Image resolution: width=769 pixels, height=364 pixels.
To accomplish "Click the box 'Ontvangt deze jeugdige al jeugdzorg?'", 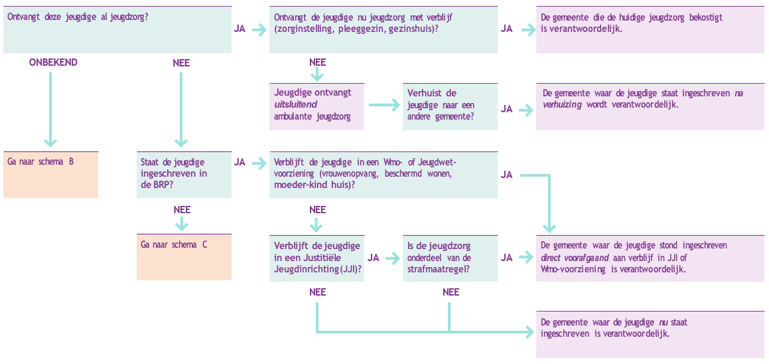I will tap(117, 29).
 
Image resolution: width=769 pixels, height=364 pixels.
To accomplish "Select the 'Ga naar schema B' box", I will tap(50, 174).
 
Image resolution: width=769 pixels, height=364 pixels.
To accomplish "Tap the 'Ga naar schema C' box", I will tap(184, 256).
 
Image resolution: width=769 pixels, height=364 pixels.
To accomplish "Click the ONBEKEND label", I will tap(53, 62).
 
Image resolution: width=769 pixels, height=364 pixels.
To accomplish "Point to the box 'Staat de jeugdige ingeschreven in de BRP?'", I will tap(184, 174).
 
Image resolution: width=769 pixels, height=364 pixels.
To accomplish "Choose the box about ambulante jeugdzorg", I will tap(316, 106).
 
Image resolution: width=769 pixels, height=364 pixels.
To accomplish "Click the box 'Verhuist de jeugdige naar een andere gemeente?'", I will tap(450, 106).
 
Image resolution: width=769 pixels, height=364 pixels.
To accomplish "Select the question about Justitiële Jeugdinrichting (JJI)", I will tap(316, 258).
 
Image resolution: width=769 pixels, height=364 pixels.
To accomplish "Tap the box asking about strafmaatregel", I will tap(450, 258).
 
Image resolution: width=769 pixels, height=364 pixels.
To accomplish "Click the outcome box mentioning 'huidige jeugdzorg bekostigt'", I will tap(650, 29).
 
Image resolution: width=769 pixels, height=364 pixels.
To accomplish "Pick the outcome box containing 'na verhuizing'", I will tap(650, 106).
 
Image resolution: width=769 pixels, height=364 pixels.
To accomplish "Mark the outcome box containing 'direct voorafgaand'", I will tap(650, 258).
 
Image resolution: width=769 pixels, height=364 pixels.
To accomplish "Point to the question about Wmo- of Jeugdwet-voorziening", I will tap(383, 174).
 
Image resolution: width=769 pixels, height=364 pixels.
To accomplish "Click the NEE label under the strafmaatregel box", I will tap(451, 292).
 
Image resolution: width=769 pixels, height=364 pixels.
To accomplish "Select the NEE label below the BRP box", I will tap(182, 210).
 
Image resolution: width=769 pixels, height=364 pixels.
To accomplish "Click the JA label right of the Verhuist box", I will tap(507, 109).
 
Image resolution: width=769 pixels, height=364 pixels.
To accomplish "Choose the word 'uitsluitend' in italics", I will tap(296, 105).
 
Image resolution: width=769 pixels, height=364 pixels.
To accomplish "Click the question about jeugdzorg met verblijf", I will tap(383, 29).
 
